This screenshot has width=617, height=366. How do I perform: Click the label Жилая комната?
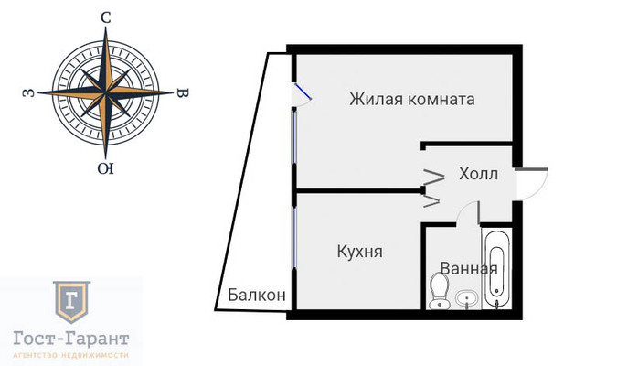point(411,100)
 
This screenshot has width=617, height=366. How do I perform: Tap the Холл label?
point(478,174)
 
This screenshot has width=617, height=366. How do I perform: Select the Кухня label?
point(359,251)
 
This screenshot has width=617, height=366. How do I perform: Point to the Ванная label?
point(468,269)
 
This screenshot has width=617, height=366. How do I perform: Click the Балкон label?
point(257,296)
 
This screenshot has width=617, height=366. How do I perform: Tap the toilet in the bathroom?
point(437,292)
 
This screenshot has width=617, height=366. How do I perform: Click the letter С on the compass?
point(106,18)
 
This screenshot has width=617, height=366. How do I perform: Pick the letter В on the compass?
point(182,93)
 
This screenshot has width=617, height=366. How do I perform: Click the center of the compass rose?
point(107,93)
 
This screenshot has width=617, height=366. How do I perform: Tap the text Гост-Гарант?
point(71,338)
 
